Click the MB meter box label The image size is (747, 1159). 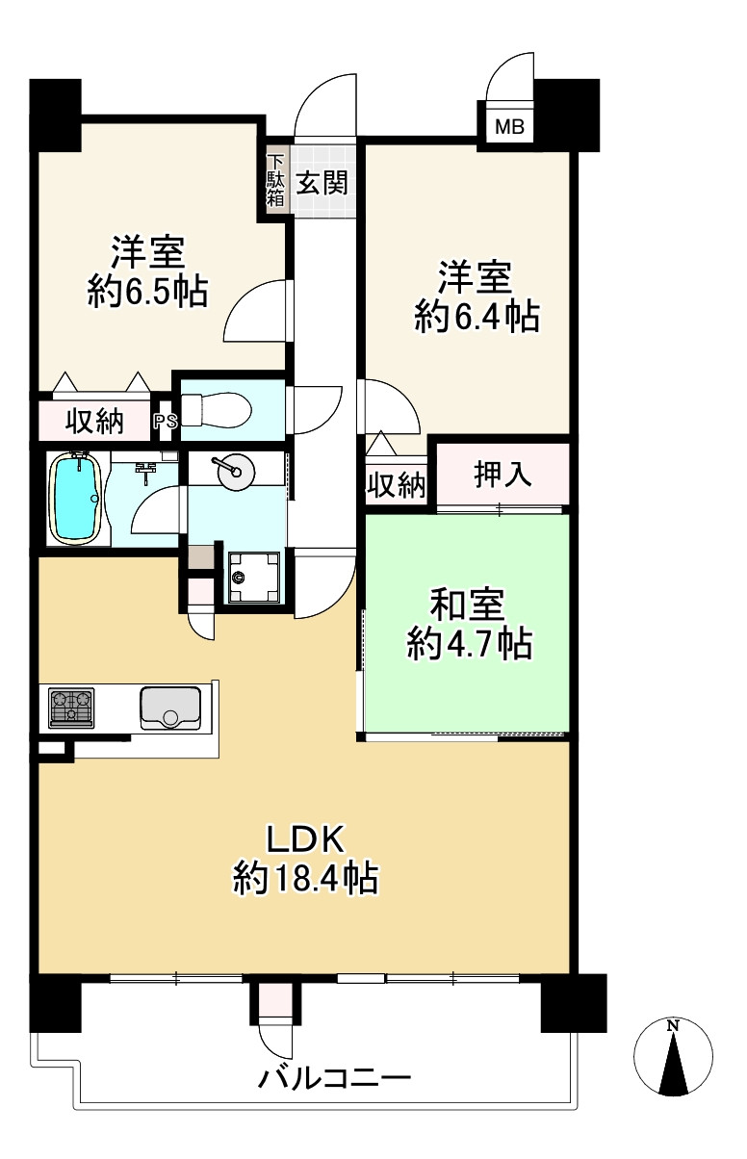tap(509, 127)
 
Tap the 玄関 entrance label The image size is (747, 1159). tap(322, 182)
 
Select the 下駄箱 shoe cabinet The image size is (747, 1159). tap(275, 180)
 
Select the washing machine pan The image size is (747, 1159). tap(253, 577)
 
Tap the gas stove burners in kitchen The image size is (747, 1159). tap(71, 708)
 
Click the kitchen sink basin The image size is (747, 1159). tap(170, 708)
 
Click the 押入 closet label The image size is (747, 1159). tap(502, 474)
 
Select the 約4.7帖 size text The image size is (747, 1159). tap(470, 643)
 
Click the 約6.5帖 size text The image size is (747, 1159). tap(148, 291)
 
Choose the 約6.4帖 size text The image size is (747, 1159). tap(477, 317)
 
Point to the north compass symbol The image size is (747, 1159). tap(673, 1052)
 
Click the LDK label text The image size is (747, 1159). tap(305, 839)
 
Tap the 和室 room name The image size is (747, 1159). tap(468, 605)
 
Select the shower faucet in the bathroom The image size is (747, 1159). tap(146, 470)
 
